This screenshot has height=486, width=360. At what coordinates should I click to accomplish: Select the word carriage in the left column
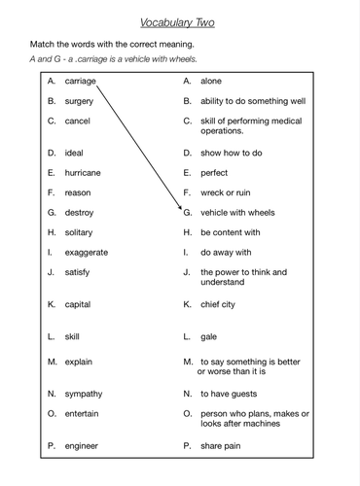pos(83,83)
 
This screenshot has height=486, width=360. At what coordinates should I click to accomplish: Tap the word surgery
pos(80,101)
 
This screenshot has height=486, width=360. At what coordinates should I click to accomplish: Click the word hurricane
pos(83,172)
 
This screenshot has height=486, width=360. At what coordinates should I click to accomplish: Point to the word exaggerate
pos(87,252)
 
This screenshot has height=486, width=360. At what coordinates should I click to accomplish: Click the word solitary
pos(81,232)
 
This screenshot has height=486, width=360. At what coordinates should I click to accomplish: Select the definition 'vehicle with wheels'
pos(238,212)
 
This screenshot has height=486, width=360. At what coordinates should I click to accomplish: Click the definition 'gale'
pos(209,336)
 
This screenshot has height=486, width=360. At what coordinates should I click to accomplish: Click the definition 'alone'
pos(213,83)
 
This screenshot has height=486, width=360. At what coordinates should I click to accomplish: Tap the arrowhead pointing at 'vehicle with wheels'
pos(181,209)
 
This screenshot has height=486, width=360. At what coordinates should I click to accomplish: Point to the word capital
pos(79,304)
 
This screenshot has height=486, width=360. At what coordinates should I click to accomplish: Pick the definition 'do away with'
pos(228,252)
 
